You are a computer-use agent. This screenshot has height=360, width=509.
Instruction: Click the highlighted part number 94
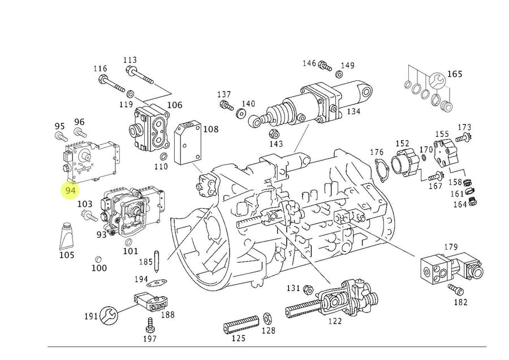pyautogui.click(x=70, y=190)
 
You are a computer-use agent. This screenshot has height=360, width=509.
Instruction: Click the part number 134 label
pyautogui.click(x=353, y=111)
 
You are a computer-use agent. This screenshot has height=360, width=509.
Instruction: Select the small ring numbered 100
pyautogui.click(x=98, y=258)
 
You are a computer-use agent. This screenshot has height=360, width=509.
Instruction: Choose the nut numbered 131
pyautogui.click(x=308, y=290)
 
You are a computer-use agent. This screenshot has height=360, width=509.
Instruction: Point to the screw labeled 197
pyautogui.click(x=150, y=325)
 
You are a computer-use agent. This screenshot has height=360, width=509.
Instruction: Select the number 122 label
pyautogui.click(x=335, y=322)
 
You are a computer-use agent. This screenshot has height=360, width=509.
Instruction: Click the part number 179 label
pyautogui.click(x=450, y=246)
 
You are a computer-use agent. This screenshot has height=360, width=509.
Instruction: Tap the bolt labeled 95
pyautogui.click(x=60, y=136)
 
